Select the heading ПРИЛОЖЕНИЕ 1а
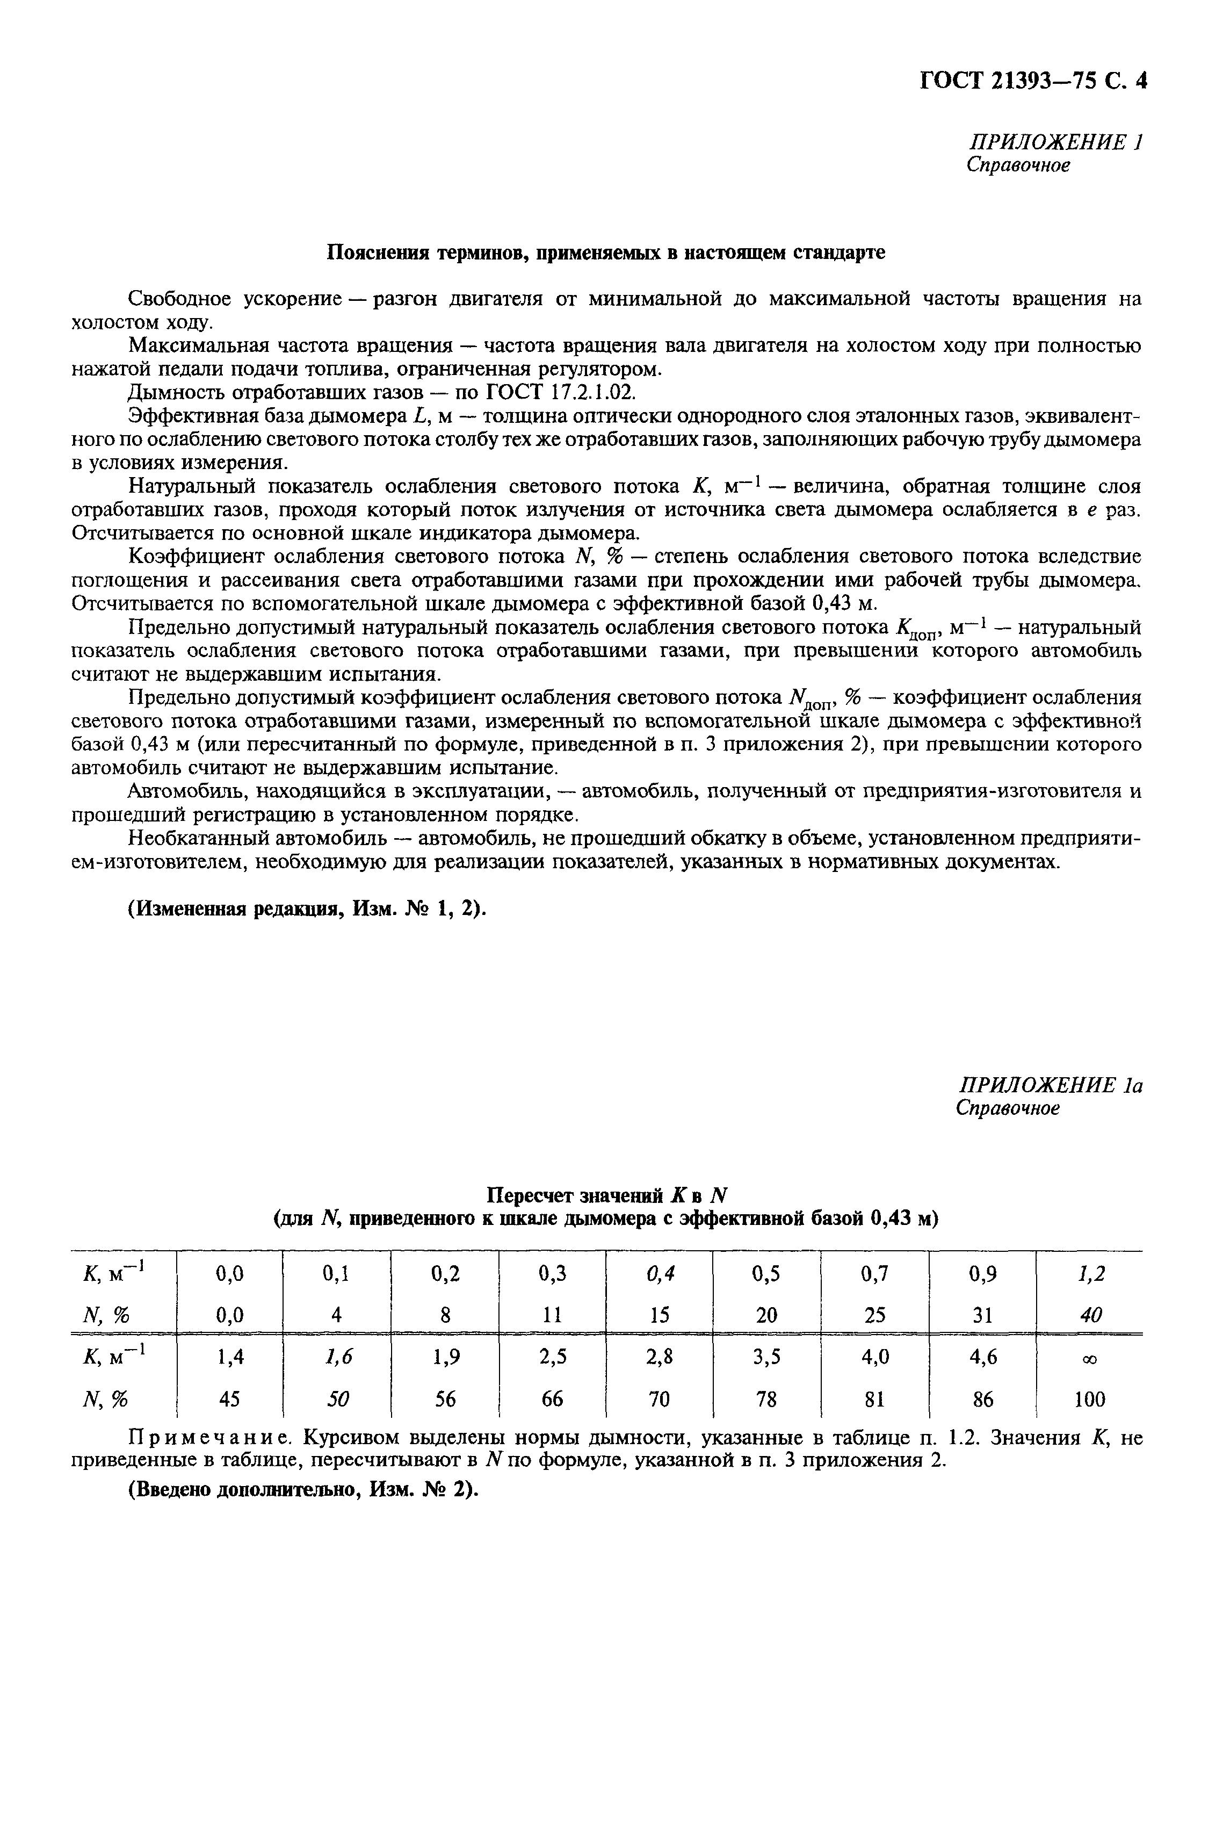point(1049,1085)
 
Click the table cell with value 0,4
point(661,1274)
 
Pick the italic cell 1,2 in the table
point(1090,1274)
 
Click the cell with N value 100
point(1090,1400)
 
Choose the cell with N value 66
point(552,1400)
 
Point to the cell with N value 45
point(229,1400)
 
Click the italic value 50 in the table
point(337,1400)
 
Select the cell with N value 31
point(983,1315)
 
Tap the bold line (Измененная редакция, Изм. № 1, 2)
point(307,909)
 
